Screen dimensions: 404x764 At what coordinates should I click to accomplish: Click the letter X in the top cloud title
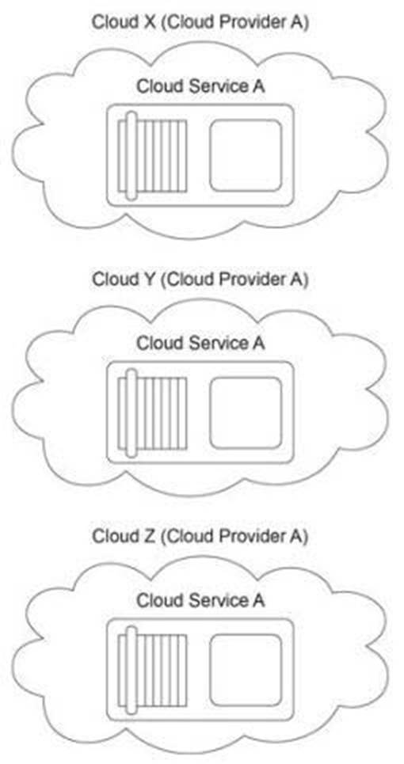[147, 23]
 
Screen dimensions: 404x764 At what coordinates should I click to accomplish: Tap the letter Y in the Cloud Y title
[147, 279]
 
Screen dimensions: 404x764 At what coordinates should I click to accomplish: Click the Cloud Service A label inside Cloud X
[200, 86]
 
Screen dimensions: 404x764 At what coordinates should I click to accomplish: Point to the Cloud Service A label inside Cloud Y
[200, 343]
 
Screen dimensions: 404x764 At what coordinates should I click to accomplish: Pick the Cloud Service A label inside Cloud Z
[200, 600]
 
